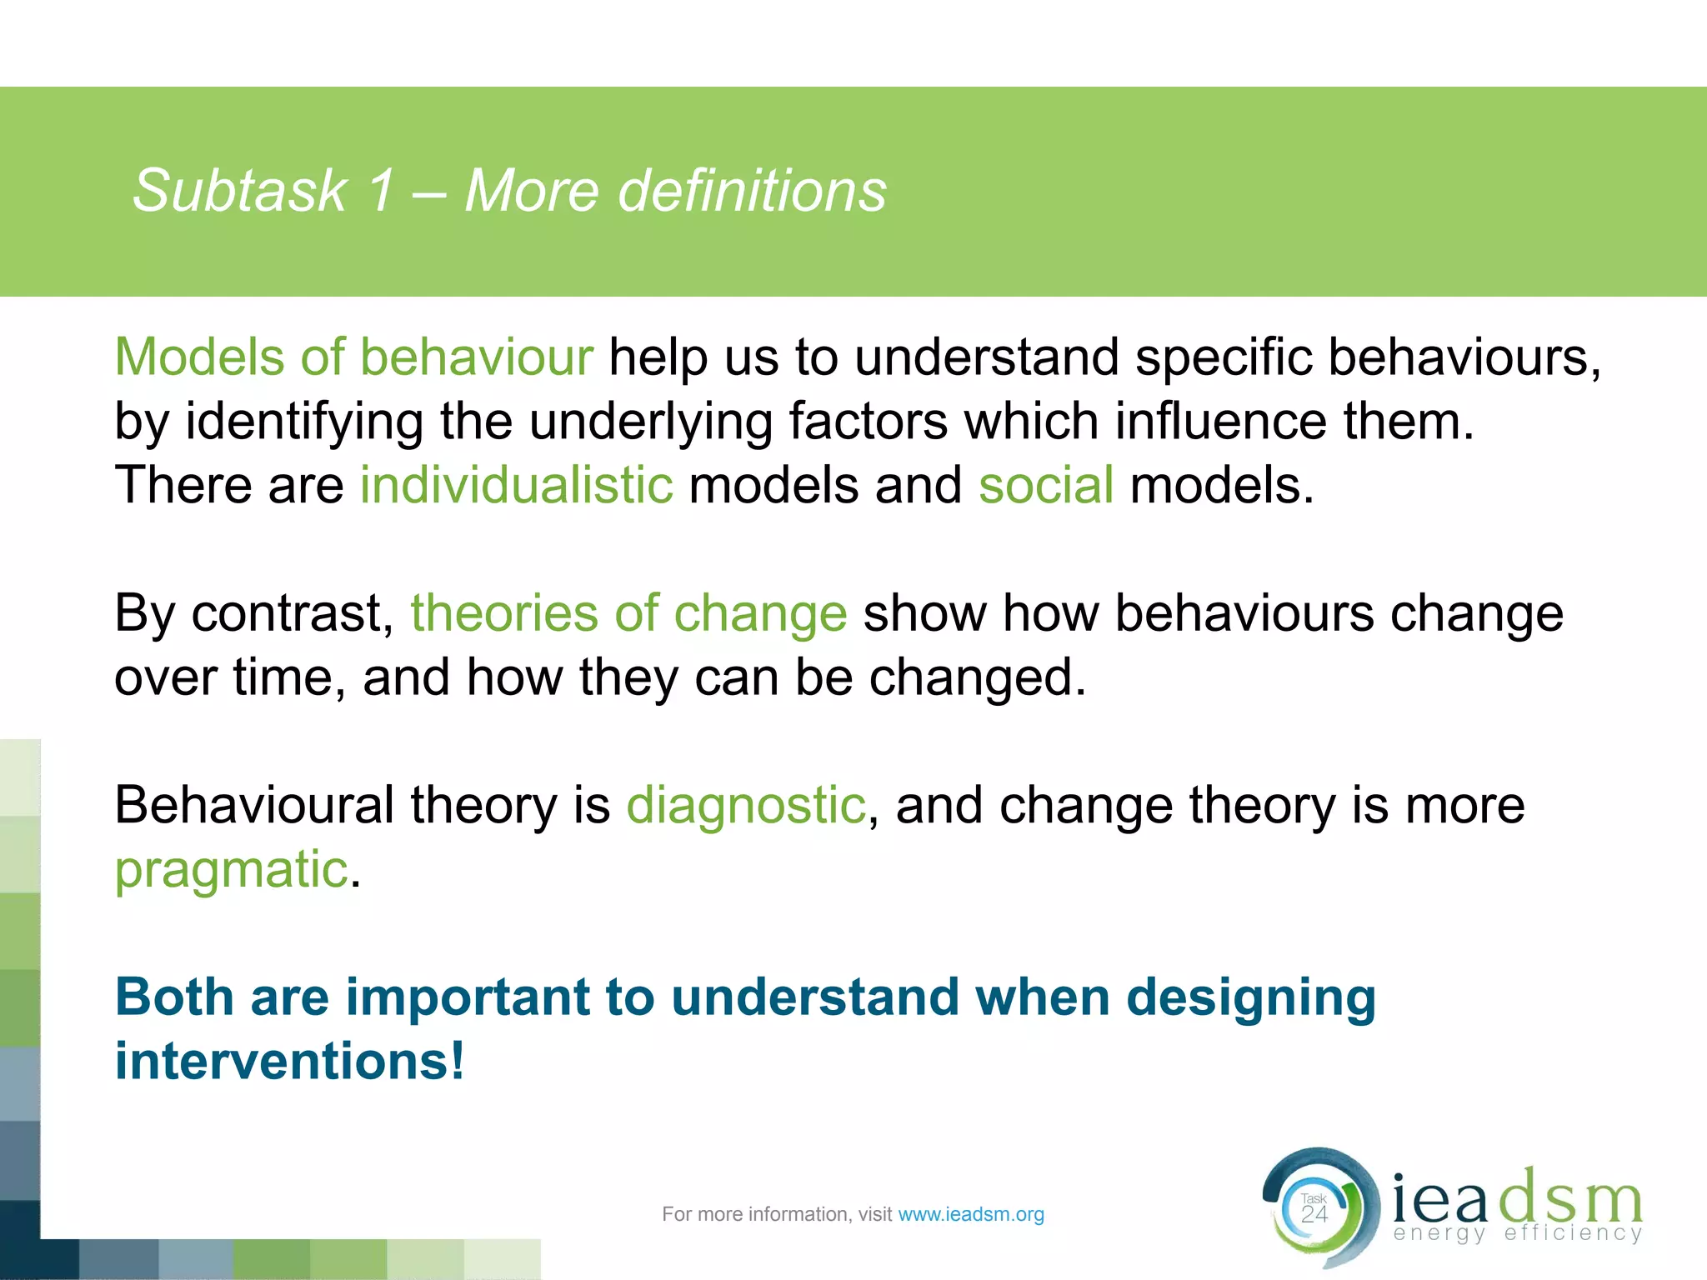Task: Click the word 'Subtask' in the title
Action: pos(240,192)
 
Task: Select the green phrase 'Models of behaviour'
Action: pos(353,358)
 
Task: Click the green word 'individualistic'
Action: pos(516,486)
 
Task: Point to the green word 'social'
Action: pos(1045,486)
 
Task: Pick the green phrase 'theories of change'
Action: pos(628,614)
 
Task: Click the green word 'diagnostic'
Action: pos(746,806)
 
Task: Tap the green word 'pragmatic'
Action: pos(231,871)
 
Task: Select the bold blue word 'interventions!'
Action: pos(289,1062)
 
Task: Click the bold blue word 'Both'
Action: pos(174,997)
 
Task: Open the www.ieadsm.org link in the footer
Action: pos(970,1215)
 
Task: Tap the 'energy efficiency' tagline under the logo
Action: pos(1517,1233)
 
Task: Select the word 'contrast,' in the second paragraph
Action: pos(293,614)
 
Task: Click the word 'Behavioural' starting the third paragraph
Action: pos(254,806)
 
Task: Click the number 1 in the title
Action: pos(380,192)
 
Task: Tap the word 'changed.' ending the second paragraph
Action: pos(978,677)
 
